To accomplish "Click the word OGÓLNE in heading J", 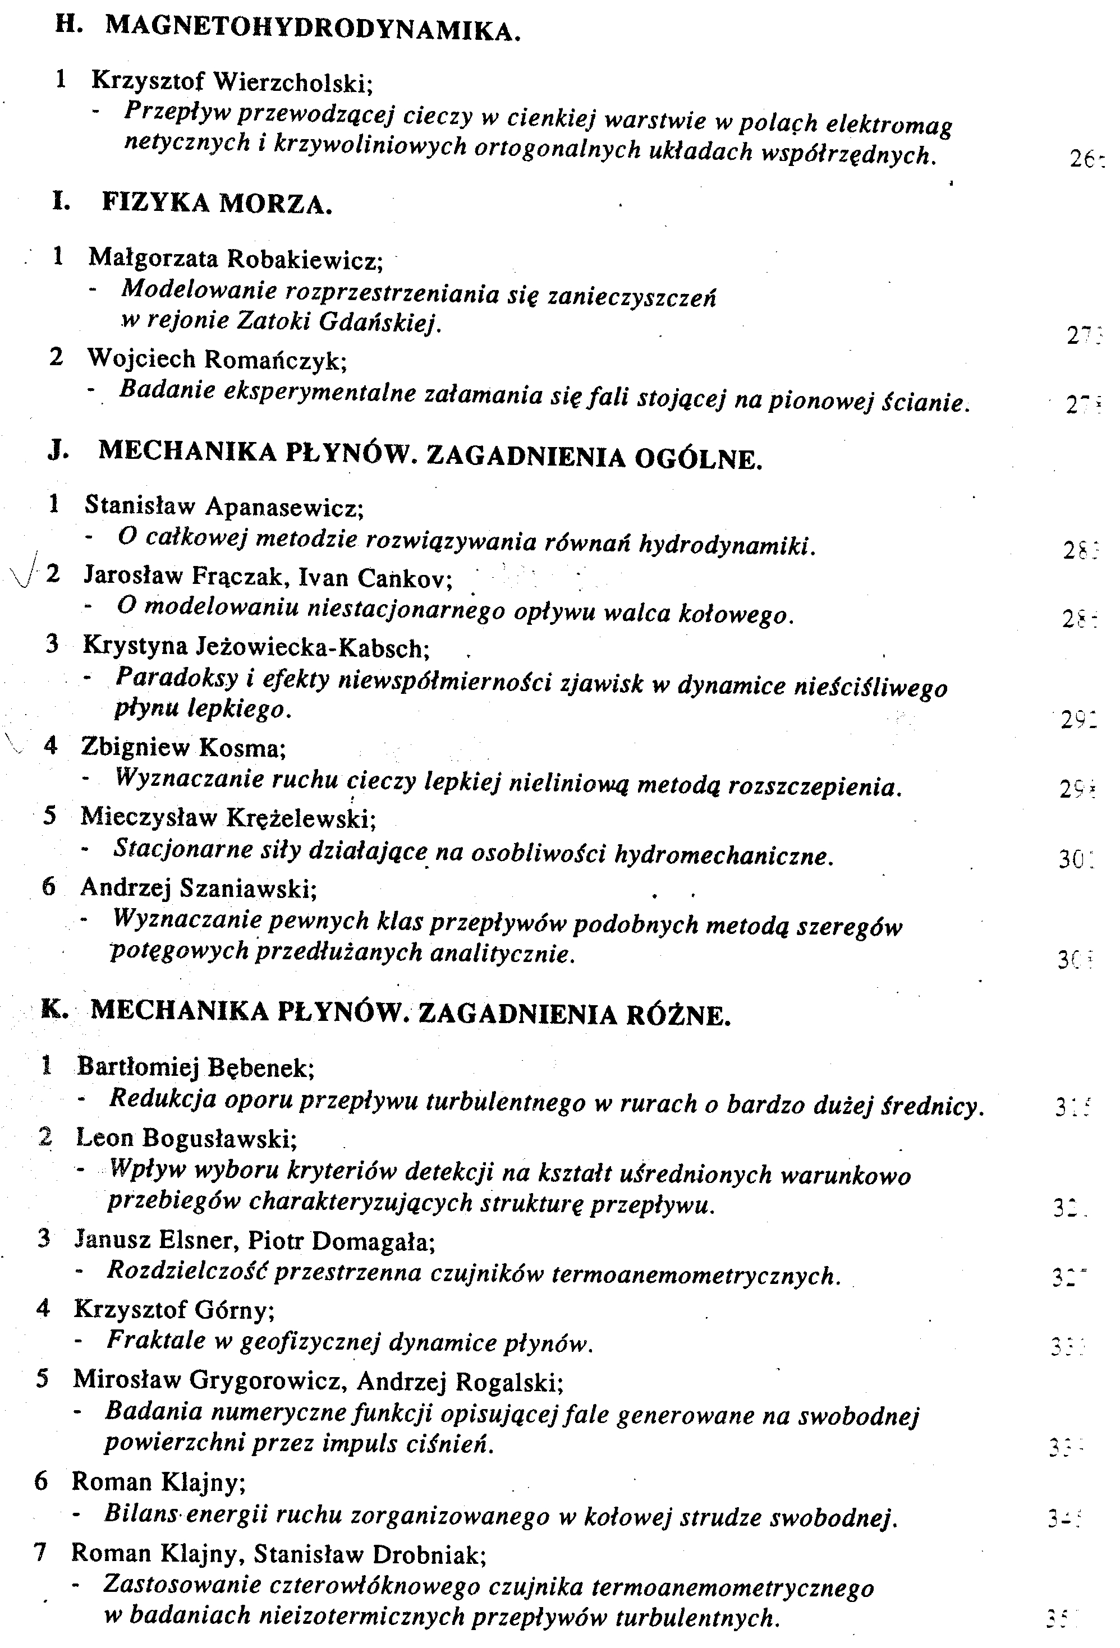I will click(x=698, y=459).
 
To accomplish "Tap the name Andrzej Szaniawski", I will click(x=198, y=887).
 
